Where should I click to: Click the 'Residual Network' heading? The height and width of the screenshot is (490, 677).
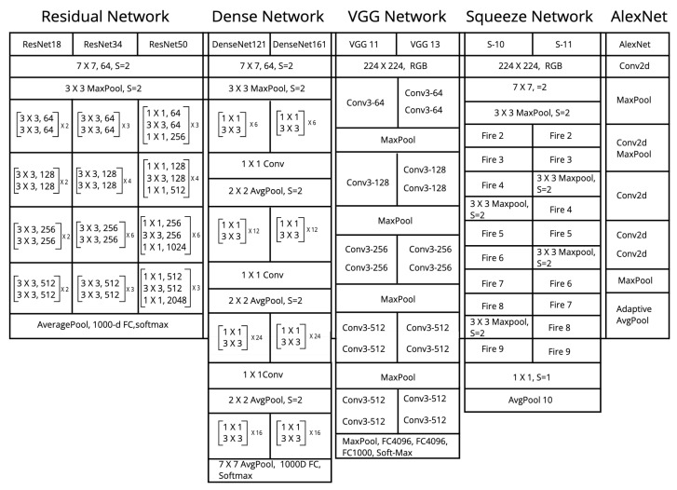105,16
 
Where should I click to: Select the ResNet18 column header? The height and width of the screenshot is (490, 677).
42,44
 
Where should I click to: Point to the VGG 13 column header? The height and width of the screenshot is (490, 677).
427,44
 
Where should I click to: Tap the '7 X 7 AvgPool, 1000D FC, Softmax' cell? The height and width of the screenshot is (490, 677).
269,470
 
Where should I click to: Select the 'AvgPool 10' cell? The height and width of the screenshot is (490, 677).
531,401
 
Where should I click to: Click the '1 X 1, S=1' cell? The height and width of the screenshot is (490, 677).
531,376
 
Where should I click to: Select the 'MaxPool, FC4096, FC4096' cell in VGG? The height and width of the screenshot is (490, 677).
397,446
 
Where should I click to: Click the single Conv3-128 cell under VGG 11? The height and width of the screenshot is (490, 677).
367,182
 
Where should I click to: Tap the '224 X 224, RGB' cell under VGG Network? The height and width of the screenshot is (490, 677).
397,67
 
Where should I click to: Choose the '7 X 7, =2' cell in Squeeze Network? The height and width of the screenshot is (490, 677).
531,88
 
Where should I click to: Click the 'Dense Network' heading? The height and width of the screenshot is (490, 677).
269,16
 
